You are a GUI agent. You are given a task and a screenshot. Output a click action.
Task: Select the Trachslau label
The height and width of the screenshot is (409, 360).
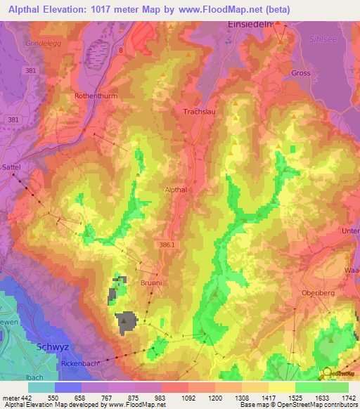pos(199,111)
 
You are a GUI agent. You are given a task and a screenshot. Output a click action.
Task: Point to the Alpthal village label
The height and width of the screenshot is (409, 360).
pos(175,190)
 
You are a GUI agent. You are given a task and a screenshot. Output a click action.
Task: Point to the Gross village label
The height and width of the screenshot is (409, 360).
pos(301,72)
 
